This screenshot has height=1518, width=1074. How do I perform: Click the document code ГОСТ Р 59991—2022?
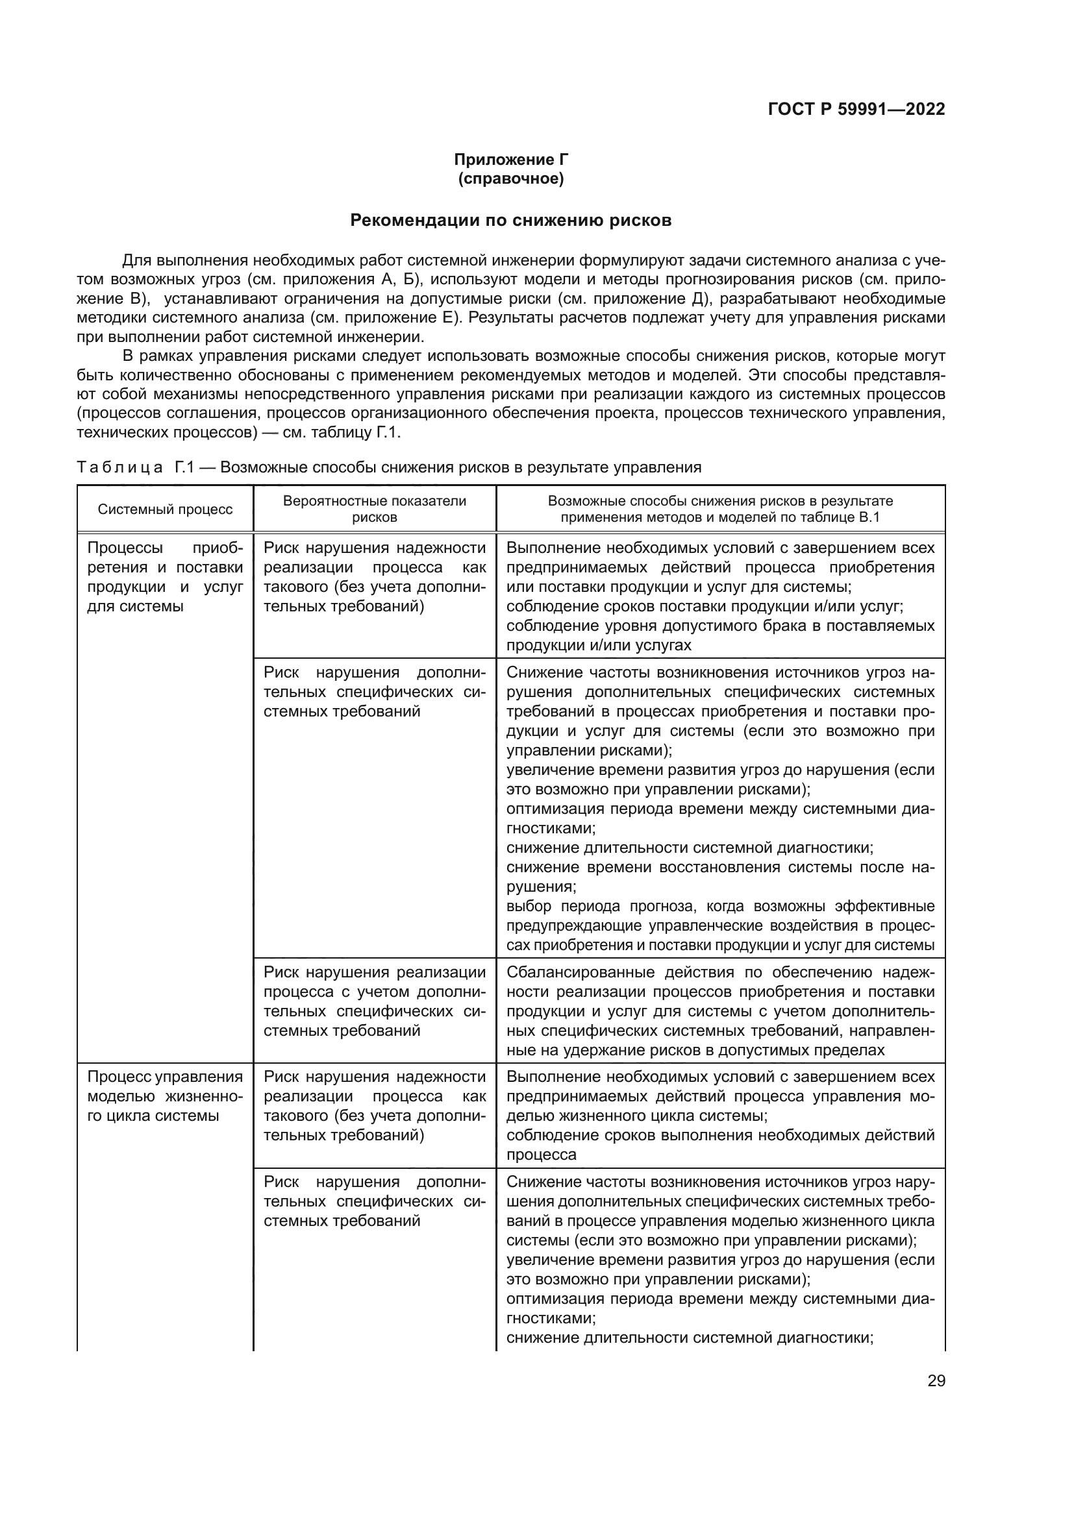(x=856, y=109)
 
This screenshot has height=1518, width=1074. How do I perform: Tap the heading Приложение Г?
(x=510, y=160)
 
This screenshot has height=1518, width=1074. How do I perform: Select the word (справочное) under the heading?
(x=510, y=178)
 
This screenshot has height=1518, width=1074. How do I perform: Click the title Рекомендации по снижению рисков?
(x=510, y=220)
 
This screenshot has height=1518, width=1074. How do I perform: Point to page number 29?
(x=936, y=1381)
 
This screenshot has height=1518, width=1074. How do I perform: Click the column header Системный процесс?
(x=166, y=509)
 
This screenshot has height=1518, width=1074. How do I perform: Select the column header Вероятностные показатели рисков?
(x=374, y=509)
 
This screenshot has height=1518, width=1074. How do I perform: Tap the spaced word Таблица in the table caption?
(x=119, y=467)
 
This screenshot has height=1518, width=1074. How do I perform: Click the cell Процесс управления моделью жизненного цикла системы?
(x=166, y=1096)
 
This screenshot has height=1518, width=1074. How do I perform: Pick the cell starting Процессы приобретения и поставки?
(x=166, y=576)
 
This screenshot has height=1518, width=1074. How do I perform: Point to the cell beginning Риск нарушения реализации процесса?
(x=374, y=1001)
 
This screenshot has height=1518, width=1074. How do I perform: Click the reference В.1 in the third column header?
(x=869, y=517)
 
